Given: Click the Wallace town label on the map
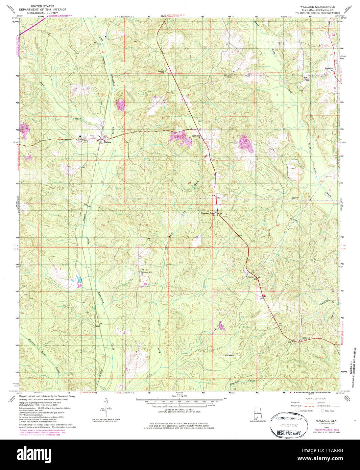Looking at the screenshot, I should [x=107, y=142].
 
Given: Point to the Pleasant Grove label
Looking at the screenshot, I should [x=208, y=213].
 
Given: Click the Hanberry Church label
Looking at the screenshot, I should [x=196, y=136].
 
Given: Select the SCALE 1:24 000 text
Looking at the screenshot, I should [x=179, y=396].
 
